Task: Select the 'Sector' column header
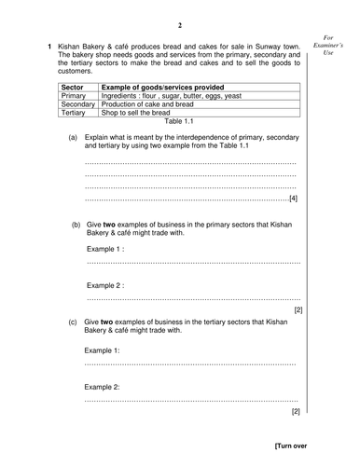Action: click(73, 86)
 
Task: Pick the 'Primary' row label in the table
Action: click(74, 95)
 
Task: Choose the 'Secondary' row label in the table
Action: click(78, 104)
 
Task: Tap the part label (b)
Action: click(76, 226)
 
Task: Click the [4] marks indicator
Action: click(293, 199)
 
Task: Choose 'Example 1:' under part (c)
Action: click(103, 350)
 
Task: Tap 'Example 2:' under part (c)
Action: click(103, 386)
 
